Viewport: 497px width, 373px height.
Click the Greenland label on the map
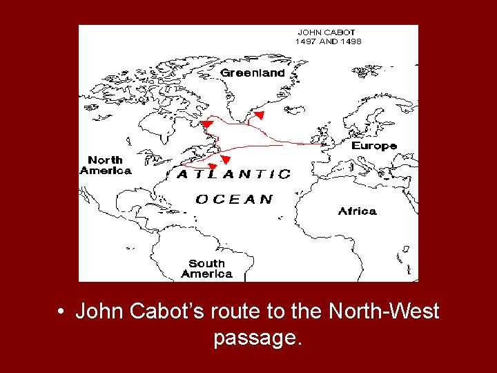tap(252, 73)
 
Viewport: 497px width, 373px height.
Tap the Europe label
tap(374, 146)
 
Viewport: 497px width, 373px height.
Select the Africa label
tap(357, 211)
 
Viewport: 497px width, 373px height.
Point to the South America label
tap(207, 268)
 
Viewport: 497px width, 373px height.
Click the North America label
tap(106, 165)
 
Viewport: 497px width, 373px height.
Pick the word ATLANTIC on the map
tap(234, 175)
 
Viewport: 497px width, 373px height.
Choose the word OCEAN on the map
tap(234, 199)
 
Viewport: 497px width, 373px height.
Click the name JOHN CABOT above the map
tap(326, 32)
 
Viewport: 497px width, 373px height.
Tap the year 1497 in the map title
tap(308, 41)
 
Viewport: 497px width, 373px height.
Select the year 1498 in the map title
tap(349, 41)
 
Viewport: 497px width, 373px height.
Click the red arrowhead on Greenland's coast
tap(259, 114)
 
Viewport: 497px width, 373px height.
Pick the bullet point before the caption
tap(62, 312)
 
